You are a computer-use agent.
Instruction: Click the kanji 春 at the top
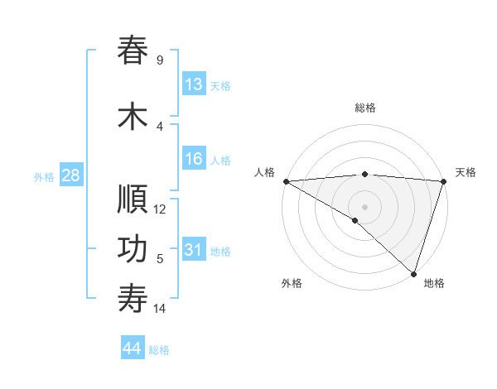point(133,50)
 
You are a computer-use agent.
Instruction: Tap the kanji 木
point(133,117)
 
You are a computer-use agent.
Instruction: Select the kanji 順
point(133,199)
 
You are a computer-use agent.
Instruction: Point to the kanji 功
point(133,250)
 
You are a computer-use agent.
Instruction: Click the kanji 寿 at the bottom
point(133,300)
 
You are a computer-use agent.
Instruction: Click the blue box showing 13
point(194,84)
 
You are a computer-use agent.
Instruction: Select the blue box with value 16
point(194,160)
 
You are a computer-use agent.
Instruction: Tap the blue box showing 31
point(194,251)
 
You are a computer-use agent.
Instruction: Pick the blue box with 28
point(70,175)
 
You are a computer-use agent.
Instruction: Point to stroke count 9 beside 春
point(159,60)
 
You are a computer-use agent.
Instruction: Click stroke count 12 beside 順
point(161,209)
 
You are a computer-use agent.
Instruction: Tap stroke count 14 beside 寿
point(160,309)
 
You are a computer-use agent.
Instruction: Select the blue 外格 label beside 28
point(44,176)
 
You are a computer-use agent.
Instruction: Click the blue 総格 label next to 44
point(159,350)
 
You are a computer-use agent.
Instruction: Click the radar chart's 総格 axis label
point(365,108)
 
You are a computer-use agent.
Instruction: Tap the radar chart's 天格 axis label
point(466,172)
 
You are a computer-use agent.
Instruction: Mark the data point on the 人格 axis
point(286,181)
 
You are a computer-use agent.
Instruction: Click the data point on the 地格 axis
point(413,273)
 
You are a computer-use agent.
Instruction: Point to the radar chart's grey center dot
point(364,206)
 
